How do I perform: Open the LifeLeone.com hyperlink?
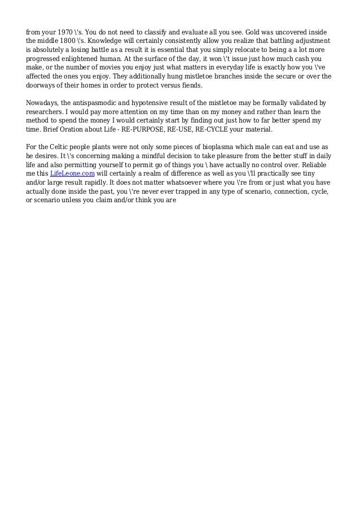click(x=72, y=173)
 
